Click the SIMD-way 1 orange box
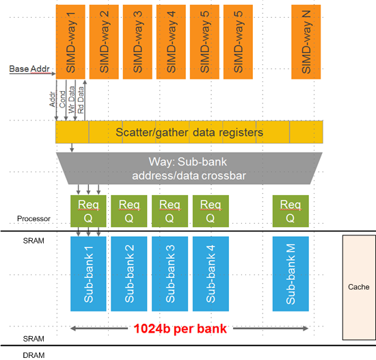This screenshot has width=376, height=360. click(70, 42)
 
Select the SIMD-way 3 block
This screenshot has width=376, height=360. click(137, 42)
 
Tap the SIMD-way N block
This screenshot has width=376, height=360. click(306, 42)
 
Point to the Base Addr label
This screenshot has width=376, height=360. click(29, 69)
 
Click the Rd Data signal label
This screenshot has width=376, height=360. click(81, 100)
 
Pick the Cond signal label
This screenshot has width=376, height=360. click(62, 99)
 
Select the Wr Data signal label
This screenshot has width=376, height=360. click(71, 100)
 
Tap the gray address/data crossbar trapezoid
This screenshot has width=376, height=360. click(189, 168)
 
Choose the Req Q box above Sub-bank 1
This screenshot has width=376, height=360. click(88, 211)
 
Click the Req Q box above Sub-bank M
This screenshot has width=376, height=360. click(291, 211)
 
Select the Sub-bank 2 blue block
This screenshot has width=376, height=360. click(129, 274)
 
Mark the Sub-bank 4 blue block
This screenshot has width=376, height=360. click(211, 274)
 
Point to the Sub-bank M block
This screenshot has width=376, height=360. click(291, 274)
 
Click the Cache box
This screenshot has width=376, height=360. click(359, 287)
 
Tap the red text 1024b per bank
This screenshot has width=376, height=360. click(180, 329)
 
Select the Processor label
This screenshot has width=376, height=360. click(33, 218)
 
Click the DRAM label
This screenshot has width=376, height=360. click(33, 355)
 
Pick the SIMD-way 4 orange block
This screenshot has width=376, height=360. click(171, 42)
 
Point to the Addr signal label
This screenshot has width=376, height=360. click(52, 99)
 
